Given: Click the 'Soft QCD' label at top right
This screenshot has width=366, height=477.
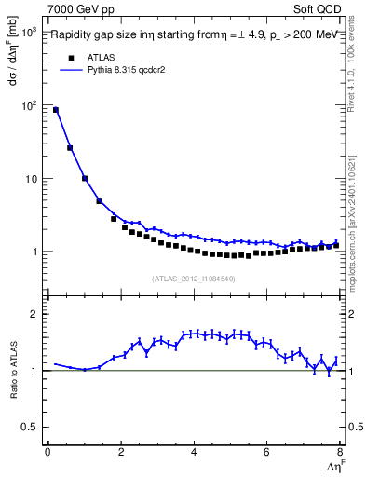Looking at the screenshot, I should (x=316, y=8).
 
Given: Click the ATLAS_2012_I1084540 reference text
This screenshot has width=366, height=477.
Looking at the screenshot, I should (x=193, y=278).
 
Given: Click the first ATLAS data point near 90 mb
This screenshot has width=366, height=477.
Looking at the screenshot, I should (x=56, y=110).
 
